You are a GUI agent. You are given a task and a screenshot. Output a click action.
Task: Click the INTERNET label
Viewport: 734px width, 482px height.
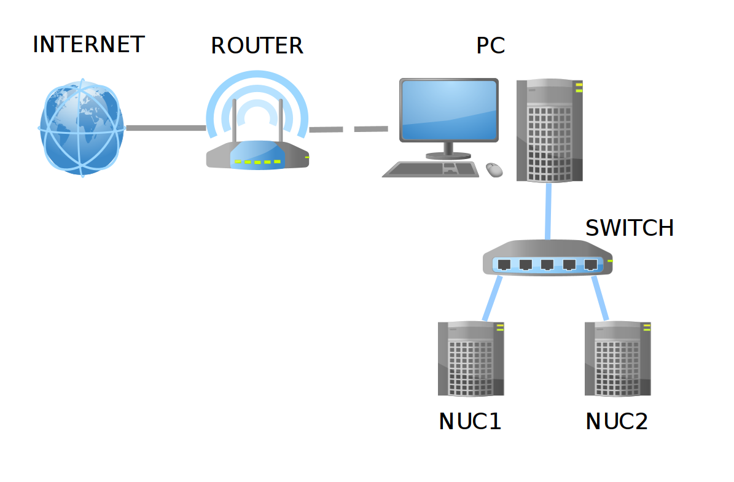88,45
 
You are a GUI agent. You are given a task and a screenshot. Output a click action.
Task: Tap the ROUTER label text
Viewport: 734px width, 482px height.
257,46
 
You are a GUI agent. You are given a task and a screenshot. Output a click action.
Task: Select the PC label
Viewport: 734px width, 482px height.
491,46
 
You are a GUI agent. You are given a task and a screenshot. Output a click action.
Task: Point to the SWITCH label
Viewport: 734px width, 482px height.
630,228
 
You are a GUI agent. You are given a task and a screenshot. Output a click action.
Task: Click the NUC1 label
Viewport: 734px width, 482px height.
470,421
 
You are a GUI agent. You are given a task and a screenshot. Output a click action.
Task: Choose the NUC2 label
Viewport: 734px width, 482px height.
617,421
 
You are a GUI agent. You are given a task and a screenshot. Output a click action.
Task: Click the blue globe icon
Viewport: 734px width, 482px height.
82,128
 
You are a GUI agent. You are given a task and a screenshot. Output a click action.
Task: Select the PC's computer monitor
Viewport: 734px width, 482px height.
448,111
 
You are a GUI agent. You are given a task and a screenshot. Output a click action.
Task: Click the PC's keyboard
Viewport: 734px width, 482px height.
431,169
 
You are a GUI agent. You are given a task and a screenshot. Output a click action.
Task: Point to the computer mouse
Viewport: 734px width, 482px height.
494,169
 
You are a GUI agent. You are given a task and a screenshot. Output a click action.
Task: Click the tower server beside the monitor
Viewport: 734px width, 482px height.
549,130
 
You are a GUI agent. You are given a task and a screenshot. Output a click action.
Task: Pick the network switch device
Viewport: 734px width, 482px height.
547,258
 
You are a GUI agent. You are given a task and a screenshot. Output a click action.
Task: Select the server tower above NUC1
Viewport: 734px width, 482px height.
470,359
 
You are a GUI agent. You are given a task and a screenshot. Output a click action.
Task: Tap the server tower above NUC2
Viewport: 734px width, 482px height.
617,359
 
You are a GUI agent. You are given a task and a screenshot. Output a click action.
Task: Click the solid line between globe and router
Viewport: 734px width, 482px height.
166,128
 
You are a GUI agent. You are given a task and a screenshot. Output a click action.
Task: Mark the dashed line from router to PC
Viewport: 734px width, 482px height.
348,129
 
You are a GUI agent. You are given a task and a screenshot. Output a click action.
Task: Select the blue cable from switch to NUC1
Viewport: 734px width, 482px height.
492,298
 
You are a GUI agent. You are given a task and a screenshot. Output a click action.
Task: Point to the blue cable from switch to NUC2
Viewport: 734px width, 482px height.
600,298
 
